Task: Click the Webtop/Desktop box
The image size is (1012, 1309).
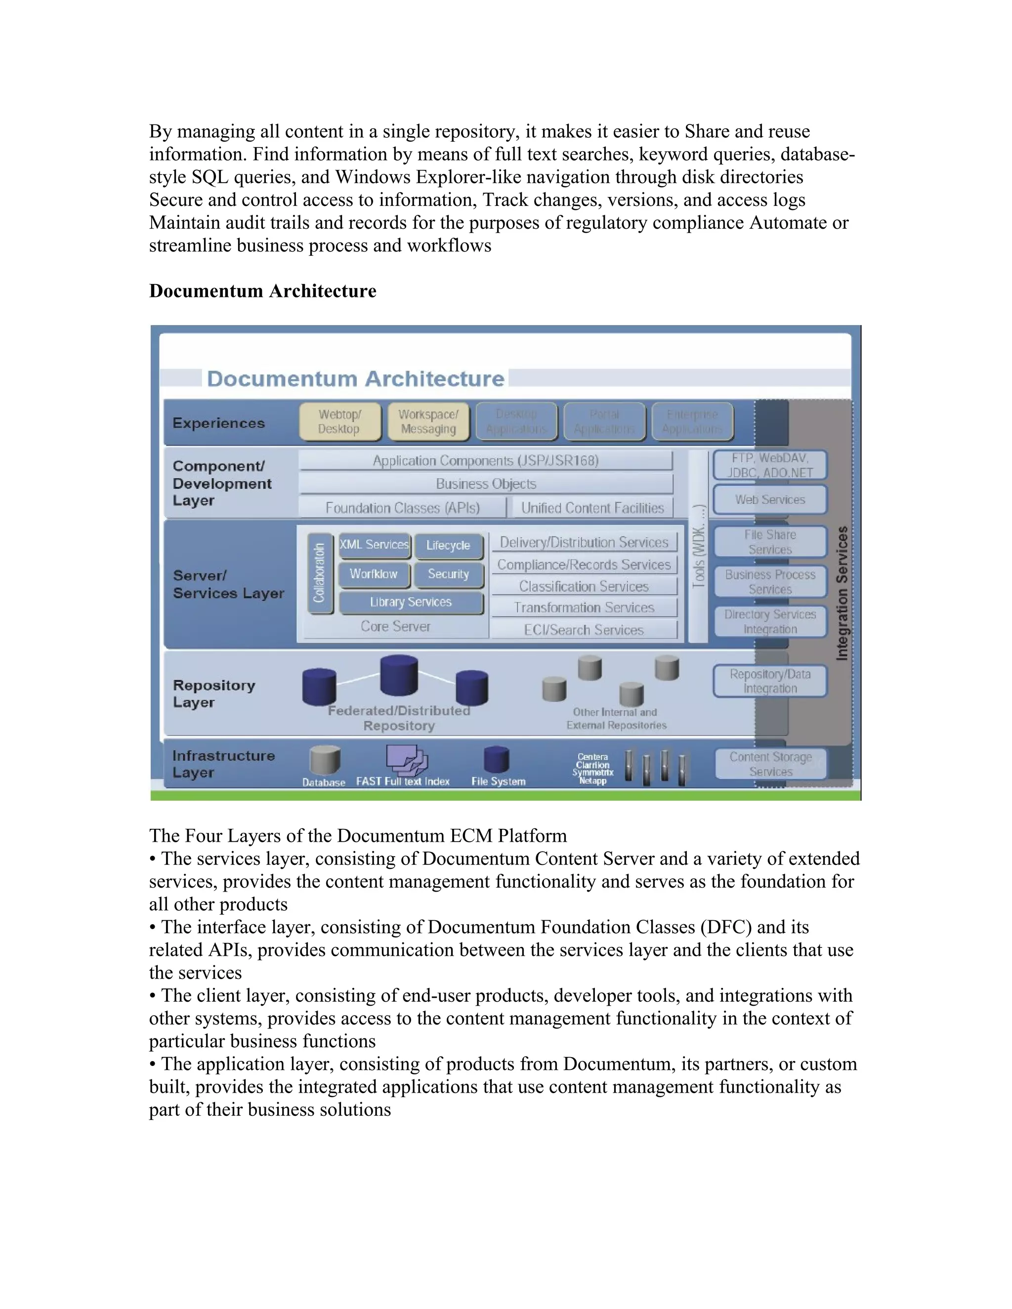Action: click(x=339, y=422)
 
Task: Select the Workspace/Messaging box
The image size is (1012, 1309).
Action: click(x=428, y=422)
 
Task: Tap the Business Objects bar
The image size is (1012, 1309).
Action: click(x=486, y=484)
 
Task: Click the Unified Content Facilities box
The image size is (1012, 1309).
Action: click(x=592, y=508)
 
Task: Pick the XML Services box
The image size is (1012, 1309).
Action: click(x=374, y=544)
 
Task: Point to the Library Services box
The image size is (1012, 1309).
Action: click(x=411, y=602)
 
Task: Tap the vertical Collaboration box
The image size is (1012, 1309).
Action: click(x=320, y=573)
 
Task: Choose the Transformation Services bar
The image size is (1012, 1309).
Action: click(x=584, y=608)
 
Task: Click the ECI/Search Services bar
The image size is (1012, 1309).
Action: click(x=584, y=630)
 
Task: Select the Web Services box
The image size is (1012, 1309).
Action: click(x=770, y=500)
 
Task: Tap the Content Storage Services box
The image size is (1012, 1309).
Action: click(x=770, y=764)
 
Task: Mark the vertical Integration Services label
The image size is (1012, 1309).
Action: click(x=842, y=593)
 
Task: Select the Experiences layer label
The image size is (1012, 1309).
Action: click(x=218, y=423)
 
